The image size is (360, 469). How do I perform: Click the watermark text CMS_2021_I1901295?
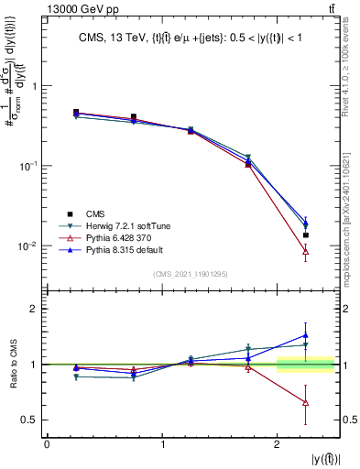click(x=191, y=274)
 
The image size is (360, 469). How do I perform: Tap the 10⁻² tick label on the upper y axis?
click(x=27, y=246)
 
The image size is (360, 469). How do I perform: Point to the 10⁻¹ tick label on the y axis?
click(x=27, y=166)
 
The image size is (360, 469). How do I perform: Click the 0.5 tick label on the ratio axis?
click(x=29, y=420)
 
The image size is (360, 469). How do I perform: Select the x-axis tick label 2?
click(x=277, y=445)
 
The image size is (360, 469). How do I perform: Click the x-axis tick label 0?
click(x=47, y=445)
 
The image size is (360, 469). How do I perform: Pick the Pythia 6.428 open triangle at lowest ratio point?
click(x=306, y=403)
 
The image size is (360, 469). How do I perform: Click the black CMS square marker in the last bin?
click(x=306, y=235)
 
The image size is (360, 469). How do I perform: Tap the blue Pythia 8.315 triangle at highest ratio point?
click(x=306, y=335)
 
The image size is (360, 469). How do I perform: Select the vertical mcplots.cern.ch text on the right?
click(x=352, y=183)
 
